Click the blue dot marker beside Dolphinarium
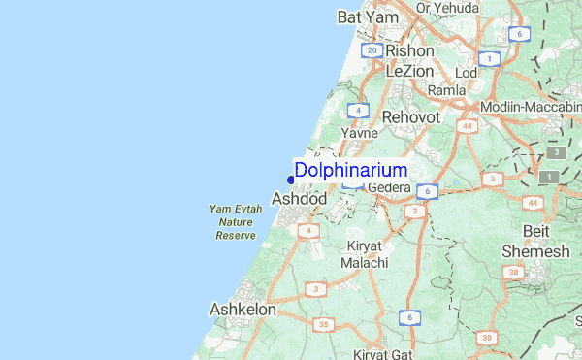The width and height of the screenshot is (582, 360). [291, 179]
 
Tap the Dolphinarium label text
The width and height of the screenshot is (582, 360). [350, 170]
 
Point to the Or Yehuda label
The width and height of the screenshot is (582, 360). [449, 8]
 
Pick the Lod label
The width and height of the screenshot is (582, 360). [467, 73]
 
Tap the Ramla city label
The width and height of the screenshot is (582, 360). [447, 90]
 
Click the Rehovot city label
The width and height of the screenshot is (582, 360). [411, 116]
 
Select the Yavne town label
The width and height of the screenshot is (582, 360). [358, 133]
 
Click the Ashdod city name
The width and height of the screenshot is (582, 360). [299, 199]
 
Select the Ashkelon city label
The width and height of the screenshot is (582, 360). [242, 310]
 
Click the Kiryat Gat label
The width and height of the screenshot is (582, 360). [383, 354]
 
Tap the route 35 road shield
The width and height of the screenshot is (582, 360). [323, 324]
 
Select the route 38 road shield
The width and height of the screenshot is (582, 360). [488, 338]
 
